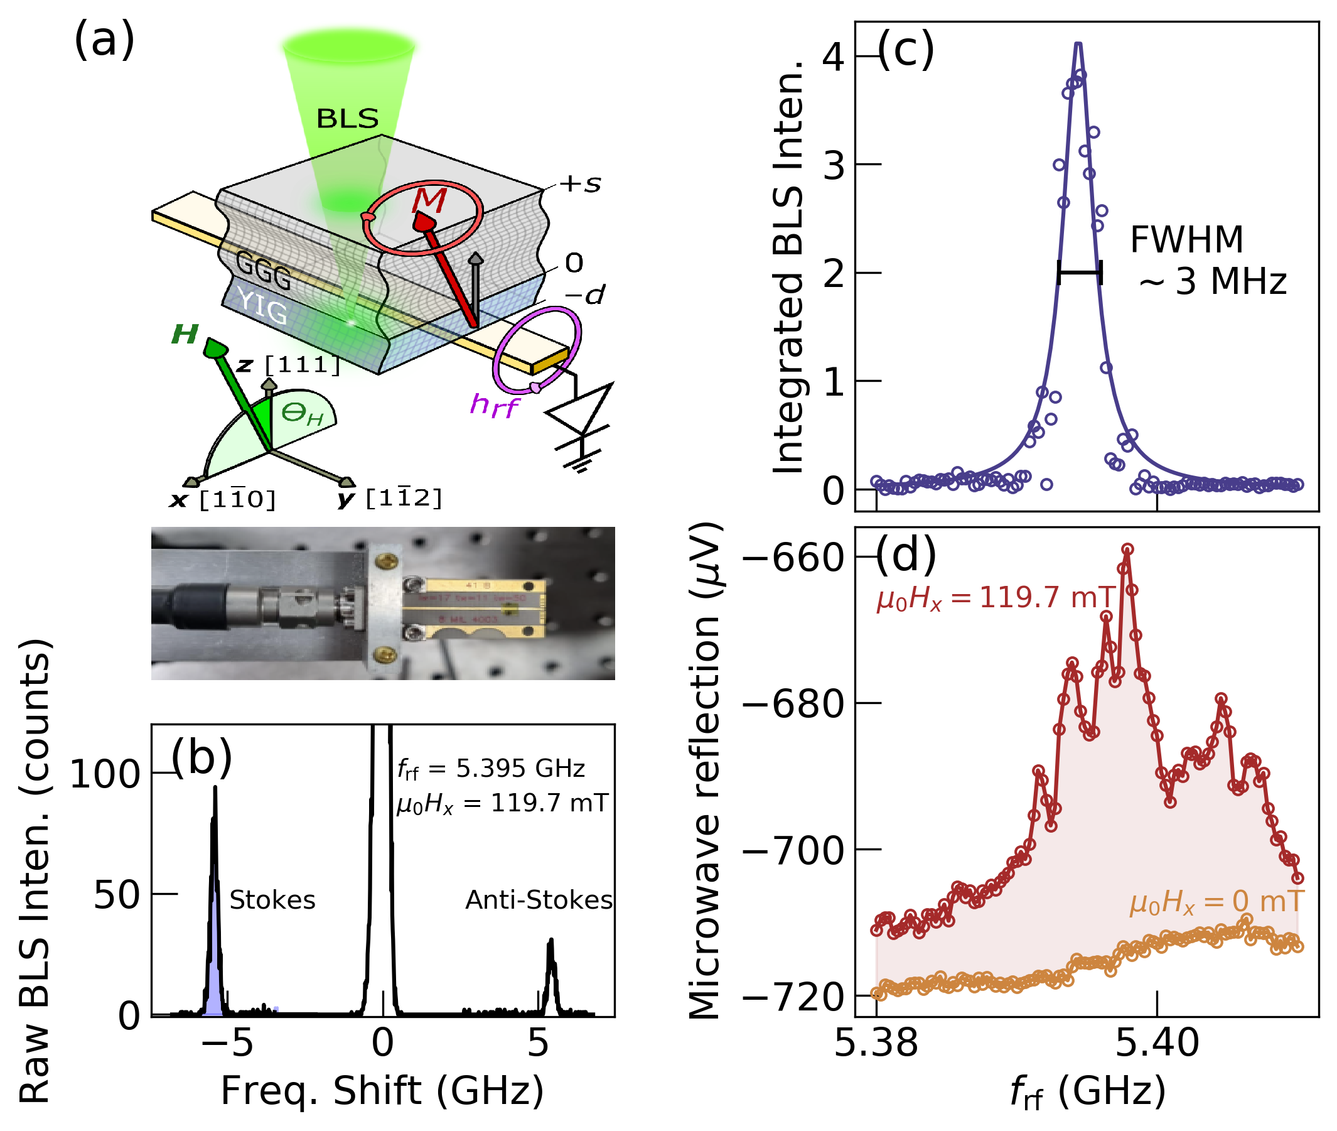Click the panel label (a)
[x=104, y=40]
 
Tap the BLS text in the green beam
[x=347, y=119]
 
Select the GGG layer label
[x=263, y=269]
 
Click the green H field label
[x=185, y=334]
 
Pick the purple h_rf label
[x=493, y=405]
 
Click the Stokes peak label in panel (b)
[x=272, y=900]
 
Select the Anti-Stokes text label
[x=539, y=900]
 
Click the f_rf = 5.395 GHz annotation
[x=491, y=769]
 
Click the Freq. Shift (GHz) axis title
[x=382, y=1091]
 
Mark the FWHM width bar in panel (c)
[x=1080, y=273]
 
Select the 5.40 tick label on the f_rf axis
[x=1157, y=1042]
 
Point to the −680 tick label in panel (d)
[x=793, y=704]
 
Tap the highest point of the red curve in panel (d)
[x=1127, y=549]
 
